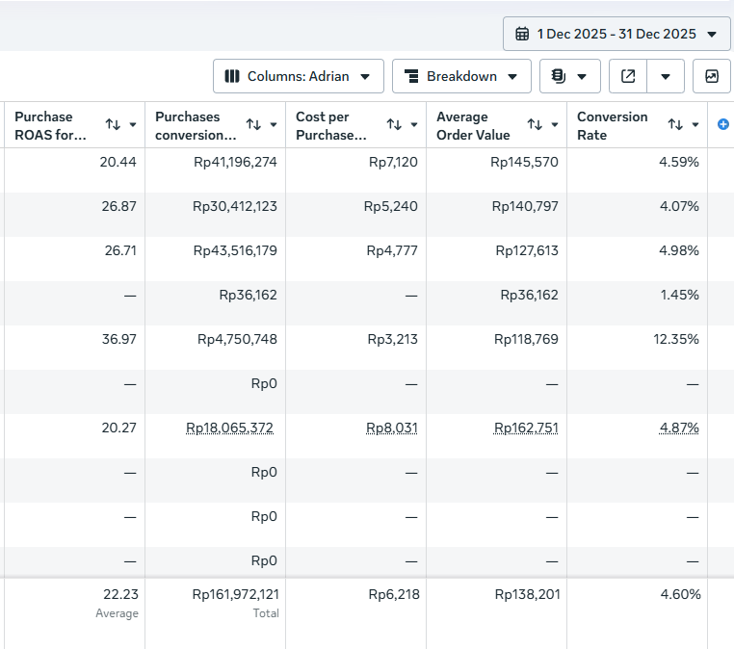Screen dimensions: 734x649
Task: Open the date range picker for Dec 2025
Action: click(616, 34)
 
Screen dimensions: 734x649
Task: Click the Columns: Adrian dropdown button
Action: click(299, 76)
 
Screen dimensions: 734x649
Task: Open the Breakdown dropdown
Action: click(461, 76)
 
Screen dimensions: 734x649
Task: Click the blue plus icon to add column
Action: click(722, 124)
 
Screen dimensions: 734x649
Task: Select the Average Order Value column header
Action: click(473, 125)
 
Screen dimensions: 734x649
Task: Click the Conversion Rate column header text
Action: click(613, 125)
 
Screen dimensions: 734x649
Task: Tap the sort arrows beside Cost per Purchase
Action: click(394, 124)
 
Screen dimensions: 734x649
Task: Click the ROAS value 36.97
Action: click(118, 339)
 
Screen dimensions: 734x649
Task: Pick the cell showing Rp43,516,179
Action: click(235, 250)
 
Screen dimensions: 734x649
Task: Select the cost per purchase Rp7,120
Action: click(393, 162)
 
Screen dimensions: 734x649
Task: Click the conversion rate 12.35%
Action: click(676, 339)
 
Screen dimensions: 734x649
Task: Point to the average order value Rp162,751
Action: click(526, 428)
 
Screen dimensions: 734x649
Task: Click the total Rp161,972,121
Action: click(235, 594)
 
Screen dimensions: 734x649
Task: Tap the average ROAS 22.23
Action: click(120, 594)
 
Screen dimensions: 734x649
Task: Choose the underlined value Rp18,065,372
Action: click(229, 428)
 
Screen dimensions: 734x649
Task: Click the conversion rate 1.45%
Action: click(680, 295)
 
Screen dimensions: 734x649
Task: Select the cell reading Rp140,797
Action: click(525, 206)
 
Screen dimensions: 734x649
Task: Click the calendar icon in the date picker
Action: click(522, 34)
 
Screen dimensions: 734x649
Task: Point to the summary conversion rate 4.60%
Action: click(681, 594)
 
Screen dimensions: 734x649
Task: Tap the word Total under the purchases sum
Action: click(266, 613)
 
